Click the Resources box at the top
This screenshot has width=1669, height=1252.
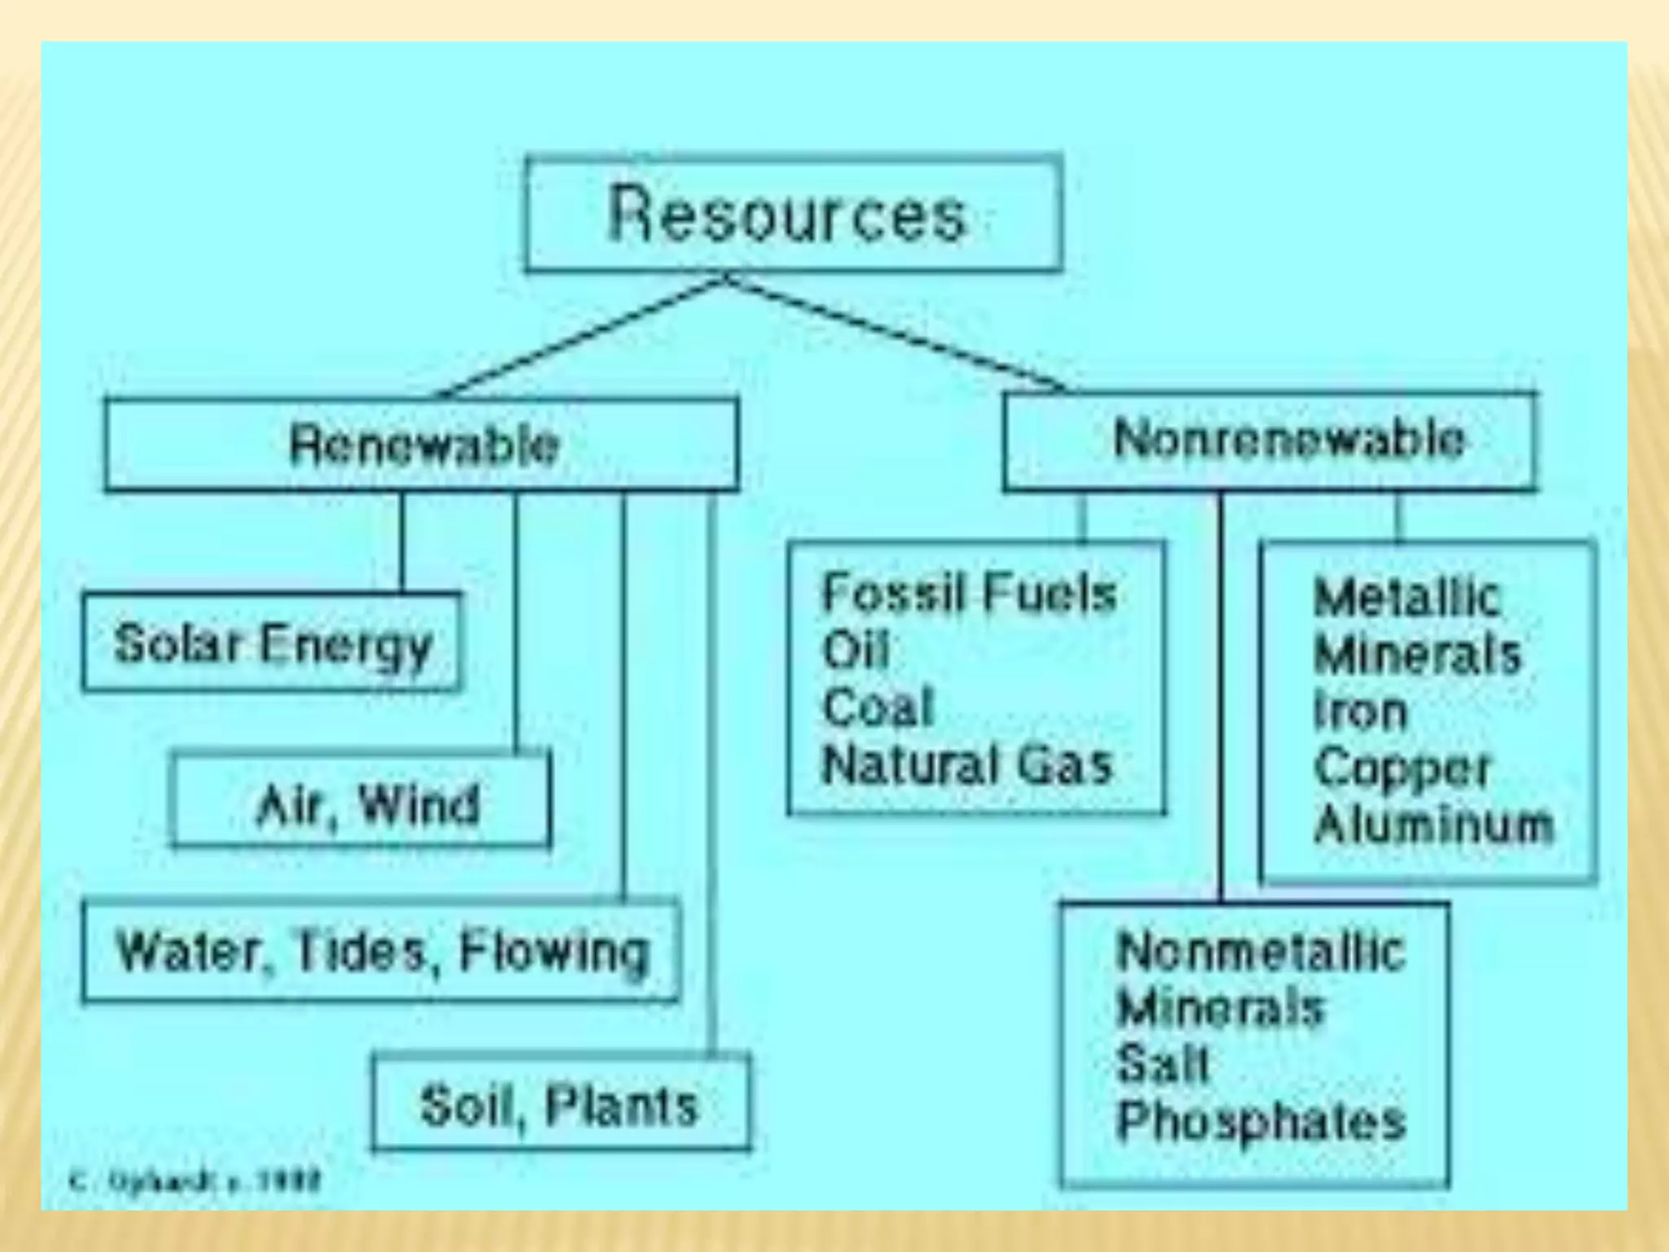click(793, 214)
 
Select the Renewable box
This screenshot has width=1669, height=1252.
click(422, 444)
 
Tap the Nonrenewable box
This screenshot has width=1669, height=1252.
click(1270, 441)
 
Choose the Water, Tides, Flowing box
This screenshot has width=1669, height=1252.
click(381, 951)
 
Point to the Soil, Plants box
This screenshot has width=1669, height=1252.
click(561, 1105)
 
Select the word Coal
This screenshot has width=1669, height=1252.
click(877, 707)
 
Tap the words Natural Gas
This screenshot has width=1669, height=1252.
click(967, 765)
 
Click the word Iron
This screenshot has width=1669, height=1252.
click(1359, 711)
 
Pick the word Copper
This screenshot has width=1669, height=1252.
click(1402, 768)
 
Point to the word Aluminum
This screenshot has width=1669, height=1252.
click(1433, 824)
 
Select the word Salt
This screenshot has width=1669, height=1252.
click(1161, 1064)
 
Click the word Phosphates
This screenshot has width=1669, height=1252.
click(1260, 1121)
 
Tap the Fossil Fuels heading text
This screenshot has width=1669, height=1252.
click(968, 593)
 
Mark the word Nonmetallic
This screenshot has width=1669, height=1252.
click(1260, 951)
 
